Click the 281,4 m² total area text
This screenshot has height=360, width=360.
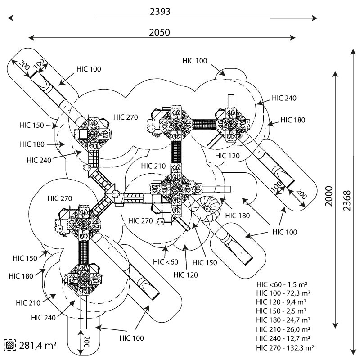[x=38, y=345]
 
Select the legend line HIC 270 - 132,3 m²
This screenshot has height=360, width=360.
[x=285, y=348]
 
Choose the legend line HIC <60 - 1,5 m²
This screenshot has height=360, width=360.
[x=282, y=284]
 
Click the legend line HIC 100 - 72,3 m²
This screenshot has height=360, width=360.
[x=283, y=293]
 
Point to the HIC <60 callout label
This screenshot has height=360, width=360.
[x=166, y=262]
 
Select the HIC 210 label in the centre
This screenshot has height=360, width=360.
[x=153, y=166]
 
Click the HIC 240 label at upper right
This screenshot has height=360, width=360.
[x=284, y=98]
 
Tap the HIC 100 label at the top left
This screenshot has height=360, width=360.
[x=89, y=69]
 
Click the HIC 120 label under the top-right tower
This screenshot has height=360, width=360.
[x=227, y=156]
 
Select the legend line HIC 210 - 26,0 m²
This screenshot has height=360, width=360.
[x=283, y=329]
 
